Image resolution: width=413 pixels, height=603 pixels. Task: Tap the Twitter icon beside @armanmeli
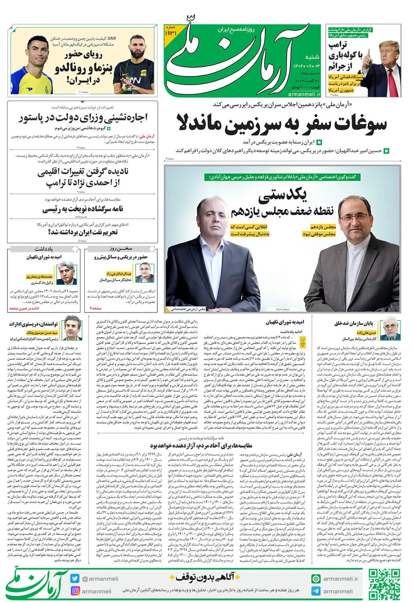click(x=75, y=579)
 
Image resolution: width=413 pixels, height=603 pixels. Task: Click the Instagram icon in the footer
click(x=75, y=591)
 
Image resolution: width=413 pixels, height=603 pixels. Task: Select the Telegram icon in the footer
click(x=316, y=591)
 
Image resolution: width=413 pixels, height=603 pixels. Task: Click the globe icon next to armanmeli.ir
click(x=316, y=579)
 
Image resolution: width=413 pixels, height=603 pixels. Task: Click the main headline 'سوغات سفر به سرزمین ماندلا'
click(x=282, y=123)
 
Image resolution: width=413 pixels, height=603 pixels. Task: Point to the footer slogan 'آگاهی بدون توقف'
click(x=204, y=578)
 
